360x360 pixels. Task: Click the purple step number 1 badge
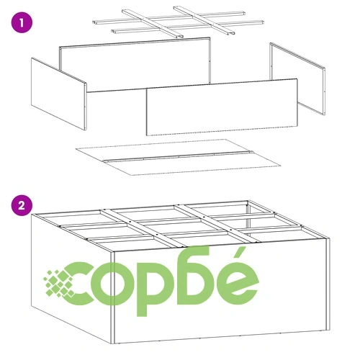22,23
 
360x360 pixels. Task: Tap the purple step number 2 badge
22,205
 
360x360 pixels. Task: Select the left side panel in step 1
58,94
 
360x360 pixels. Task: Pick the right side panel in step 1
297,78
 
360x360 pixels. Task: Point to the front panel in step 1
222,107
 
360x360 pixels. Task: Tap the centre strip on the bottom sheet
179,156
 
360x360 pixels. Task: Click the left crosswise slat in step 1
153,24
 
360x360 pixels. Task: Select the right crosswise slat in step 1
204,20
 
